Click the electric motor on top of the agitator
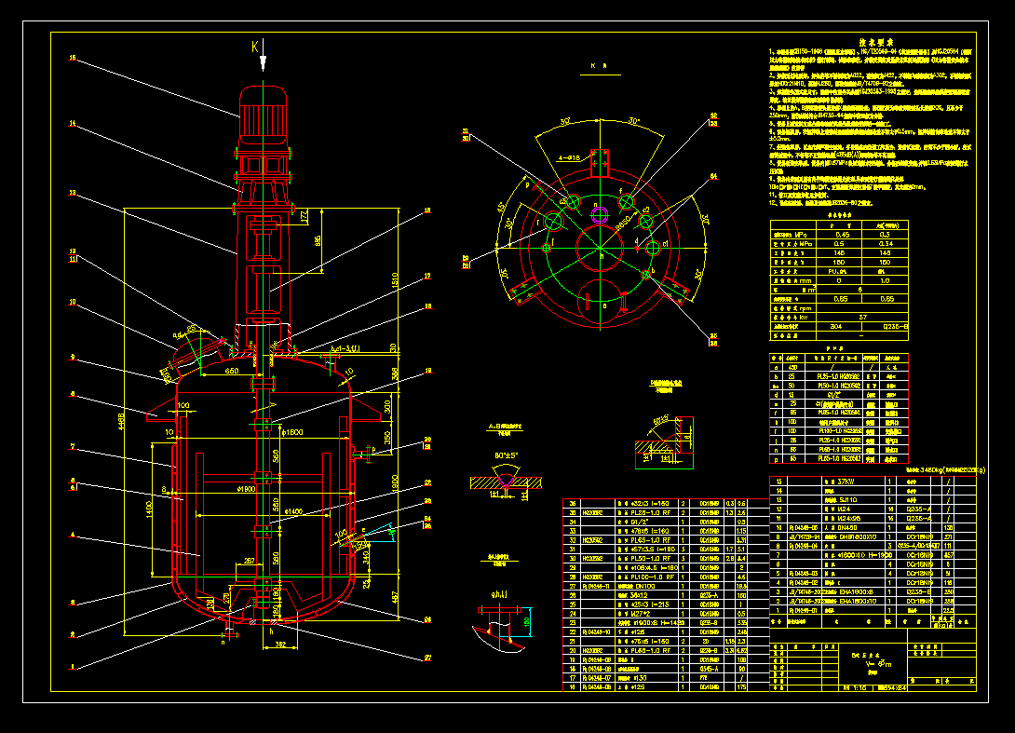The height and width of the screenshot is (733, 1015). point(264,116)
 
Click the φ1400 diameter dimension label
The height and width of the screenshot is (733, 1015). point(293,511)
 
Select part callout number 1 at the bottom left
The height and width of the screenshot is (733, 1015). point(72,665)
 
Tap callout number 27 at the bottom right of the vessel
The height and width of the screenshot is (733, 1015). point(427,658)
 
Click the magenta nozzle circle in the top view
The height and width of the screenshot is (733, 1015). point(600,213)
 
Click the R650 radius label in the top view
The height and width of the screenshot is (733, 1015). point(621,224)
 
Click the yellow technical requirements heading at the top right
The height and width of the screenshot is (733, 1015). point(876,42)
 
